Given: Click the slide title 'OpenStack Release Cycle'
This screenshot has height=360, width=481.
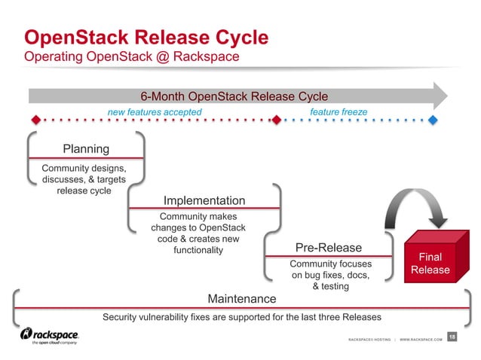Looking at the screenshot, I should (x=146, y=36).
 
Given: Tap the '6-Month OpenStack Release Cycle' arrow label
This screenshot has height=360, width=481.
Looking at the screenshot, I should (x=234, y=96).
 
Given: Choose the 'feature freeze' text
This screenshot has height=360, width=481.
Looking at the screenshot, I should (x=339, y=111).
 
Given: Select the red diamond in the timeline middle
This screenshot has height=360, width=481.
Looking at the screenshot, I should (x=276, y=120).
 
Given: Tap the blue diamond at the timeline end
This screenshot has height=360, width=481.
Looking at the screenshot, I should (x=433, y=120).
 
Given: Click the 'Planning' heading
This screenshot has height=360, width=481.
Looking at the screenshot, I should (x=85, y=149).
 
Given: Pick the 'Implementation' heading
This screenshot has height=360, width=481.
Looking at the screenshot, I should (x=204, y=200).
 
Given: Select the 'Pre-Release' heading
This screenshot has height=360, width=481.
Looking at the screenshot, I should (x=329, y=248).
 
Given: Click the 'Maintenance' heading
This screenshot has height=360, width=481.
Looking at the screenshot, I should (x=241, y=299).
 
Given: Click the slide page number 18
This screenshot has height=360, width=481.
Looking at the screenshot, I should (x=452, y=336).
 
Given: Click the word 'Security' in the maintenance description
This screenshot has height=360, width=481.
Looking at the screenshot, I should (x=122, y=316).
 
